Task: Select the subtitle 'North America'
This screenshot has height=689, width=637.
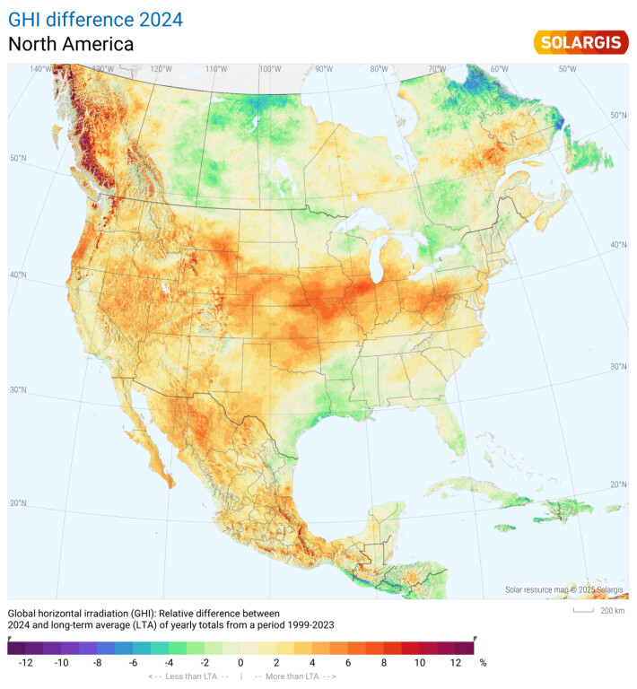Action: tap(71, 44)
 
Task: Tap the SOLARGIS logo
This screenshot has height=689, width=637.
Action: tap(580, 42)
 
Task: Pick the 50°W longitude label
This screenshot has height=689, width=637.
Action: tap(568, 69)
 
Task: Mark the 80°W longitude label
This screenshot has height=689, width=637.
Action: tap(380, 69)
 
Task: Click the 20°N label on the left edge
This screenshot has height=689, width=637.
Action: tap(18, 503)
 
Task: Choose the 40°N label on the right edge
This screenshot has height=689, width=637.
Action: tap(618, 244)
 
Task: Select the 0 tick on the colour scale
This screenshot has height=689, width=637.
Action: tap(240, 663)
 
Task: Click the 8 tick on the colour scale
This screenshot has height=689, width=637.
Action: tap(383, 663)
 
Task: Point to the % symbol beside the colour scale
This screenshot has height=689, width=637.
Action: tap(483, 663)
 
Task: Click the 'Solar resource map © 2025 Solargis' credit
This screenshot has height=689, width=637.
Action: tap(563, 590)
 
